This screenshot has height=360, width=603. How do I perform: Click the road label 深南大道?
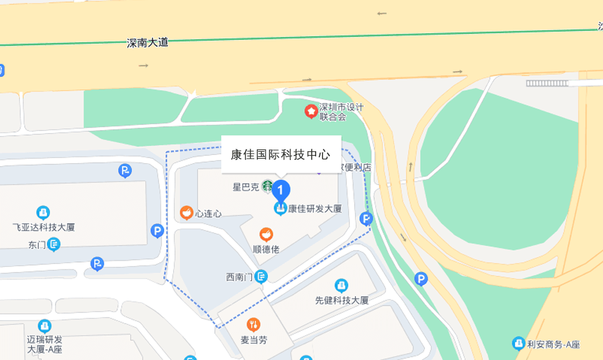coord(147,43)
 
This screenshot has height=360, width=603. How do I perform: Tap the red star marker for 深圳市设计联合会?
coord(311,111)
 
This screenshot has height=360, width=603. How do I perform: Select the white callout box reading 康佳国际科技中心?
coord(281,154)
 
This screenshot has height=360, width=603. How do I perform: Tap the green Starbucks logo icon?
coord(267,186)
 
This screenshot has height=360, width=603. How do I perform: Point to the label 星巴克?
coord(246,186)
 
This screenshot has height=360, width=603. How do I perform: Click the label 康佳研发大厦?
coord(315,209)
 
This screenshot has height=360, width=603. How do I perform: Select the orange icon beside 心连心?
coord(186,213)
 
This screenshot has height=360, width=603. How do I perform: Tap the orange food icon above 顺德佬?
coord(266,234)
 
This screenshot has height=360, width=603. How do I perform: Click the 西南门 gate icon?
coord(261,276)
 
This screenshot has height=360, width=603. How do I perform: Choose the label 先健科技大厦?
coord(342,300)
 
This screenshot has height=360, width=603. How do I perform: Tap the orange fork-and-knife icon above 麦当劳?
coord(254,324)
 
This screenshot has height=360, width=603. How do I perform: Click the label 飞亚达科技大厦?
coord(44,227)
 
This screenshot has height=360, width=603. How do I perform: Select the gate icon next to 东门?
coord(54,244)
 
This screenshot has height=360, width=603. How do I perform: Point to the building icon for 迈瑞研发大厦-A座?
coord(44,326)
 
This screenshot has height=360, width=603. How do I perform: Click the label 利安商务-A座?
coord(554,344)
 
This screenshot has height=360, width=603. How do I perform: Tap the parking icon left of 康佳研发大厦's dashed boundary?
coord(157,231)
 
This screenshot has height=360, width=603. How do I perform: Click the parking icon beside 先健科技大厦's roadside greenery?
coord(421,279)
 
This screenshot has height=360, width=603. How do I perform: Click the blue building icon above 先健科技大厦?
coord(341,286)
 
